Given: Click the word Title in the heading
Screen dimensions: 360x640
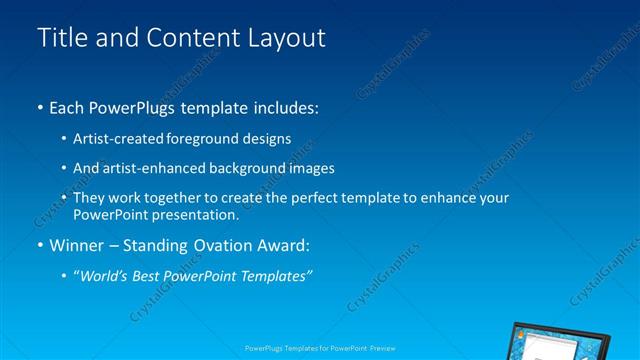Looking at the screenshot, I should pyautogui.click(x=59, y=38).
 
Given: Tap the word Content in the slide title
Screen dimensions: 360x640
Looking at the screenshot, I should pyautogui.click(x=186, y=38).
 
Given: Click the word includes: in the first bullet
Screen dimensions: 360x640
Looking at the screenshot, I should pyautogui.click(x=286, y=106).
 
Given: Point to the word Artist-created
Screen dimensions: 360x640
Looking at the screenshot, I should pyautogui.click(x=117, y=138).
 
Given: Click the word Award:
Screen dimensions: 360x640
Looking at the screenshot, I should pyautogui.click(x=282, y=244).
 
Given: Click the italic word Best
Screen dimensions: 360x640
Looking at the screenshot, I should pyautogui.click(x=151, y=274).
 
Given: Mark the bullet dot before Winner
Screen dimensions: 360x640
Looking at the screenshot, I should pyautogui.click(x=40, y=245).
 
